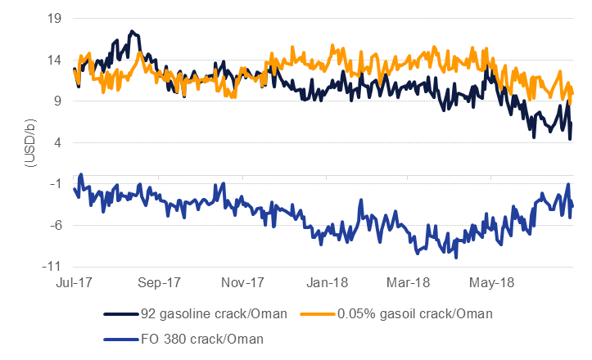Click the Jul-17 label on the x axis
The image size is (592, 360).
pos(74,283)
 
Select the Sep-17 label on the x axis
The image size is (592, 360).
pos(160,283)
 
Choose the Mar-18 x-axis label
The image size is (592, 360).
pos(412,283)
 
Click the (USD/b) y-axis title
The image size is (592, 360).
pos(29,142)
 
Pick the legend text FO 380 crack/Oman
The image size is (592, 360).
pos(192,337)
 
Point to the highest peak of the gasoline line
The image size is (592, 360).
pos(132,31)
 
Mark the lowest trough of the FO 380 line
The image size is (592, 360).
pos(456,257)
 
